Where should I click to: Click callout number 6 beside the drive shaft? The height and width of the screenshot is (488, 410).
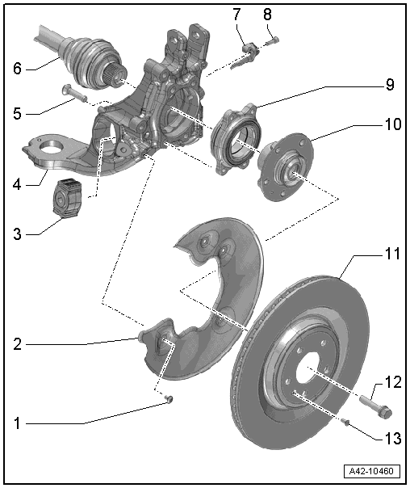(18, 68)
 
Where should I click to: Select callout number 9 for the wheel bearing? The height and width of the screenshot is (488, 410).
(390, 85)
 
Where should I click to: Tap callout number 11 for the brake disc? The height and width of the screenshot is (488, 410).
(392, 254)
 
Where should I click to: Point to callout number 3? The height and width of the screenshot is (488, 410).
(18, 233)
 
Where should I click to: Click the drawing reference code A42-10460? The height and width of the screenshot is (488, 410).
(372, 471)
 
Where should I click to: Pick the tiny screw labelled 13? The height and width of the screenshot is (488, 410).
(345, 422)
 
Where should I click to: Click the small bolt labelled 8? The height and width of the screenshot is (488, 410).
(273, 40)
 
